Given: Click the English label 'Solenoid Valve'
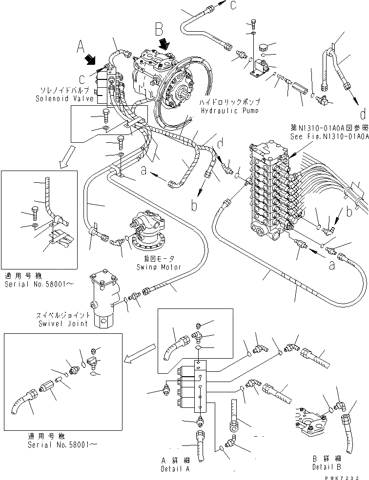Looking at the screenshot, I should click(57, 98).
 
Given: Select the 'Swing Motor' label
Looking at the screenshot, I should click(160, 267).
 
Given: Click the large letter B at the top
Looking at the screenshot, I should click(158, 30).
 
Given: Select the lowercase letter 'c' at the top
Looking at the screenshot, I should click(233, 5).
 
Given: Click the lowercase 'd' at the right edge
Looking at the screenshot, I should click(362, 115).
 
